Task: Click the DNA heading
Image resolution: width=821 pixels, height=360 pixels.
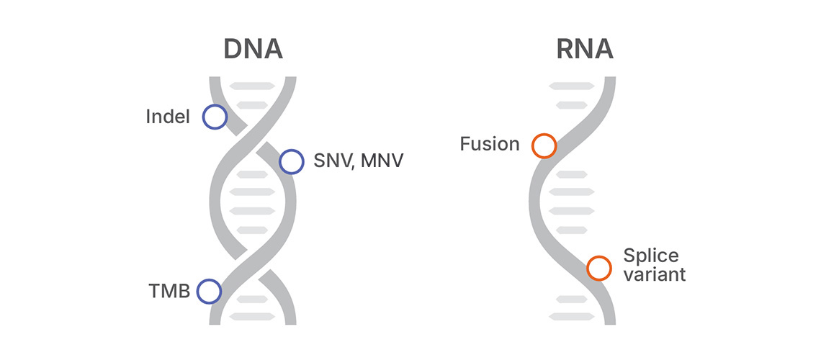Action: [253, 48]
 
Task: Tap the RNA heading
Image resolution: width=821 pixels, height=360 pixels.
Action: [584, 48]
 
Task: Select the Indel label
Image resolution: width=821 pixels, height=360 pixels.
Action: [168, 117]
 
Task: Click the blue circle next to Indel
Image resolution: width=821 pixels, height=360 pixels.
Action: [215, 117]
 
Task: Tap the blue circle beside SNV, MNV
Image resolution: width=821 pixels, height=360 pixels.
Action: [291, 161]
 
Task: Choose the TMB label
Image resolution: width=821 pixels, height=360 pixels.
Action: [169, 292]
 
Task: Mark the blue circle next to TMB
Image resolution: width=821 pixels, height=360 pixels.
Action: [209, 291]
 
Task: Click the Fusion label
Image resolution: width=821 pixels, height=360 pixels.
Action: [490, 144]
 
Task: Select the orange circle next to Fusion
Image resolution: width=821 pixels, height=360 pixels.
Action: [544, 145]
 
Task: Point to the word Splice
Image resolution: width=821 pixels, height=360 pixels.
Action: [651, 256]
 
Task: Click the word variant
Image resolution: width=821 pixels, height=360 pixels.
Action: [655, 274]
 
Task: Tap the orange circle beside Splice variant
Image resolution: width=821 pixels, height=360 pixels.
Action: [598, 268]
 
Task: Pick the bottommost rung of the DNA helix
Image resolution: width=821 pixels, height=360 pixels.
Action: [252, 316]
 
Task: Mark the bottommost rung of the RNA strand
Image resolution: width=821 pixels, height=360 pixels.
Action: [572, 316]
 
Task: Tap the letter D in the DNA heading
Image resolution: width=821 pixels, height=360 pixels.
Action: [233, 48]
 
